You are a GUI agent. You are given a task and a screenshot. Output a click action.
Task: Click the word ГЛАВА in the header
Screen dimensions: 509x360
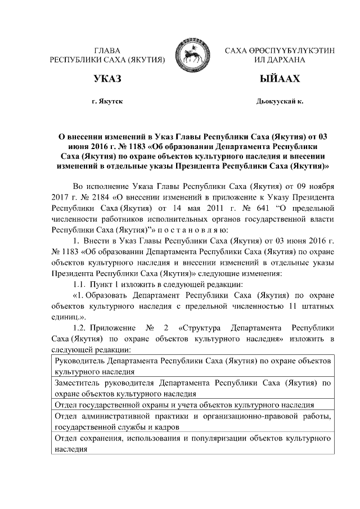[x=107, y=51]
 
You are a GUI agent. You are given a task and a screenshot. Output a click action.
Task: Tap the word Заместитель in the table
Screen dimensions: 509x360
[x=80, y=383]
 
